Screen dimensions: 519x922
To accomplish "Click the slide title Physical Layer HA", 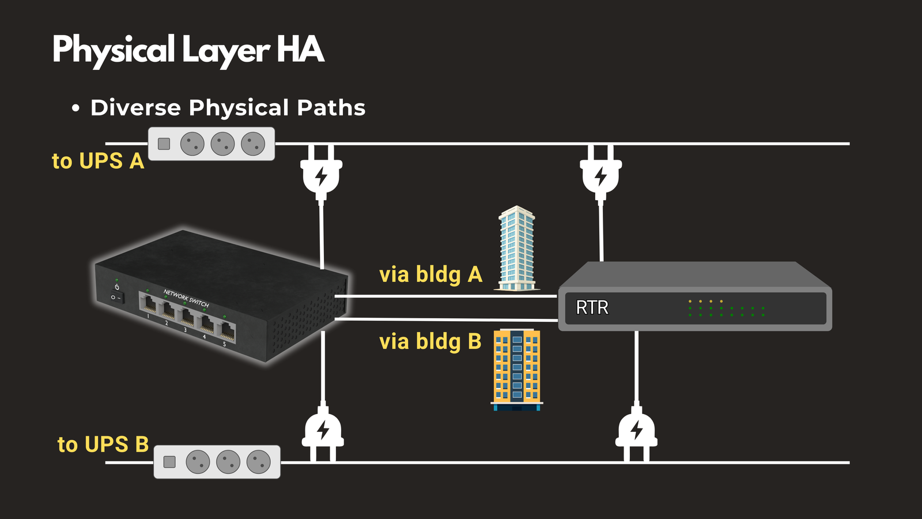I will (x=188, y=50).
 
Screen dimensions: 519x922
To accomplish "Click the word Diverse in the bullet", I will (x=135, y=108).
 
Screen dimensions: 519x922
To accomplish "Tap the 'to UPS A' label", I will (x=97, y=161).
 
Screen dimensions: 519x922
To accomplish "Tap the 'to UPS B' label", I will (x=103, y=445).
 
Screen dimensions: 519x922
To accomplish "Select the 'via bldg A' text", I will (x=430, y=274).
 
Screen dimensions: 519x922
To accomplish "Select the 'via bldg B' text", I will (x=430, y=341).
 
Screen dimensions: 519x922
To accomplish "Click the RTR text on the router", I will (x=592, y=307).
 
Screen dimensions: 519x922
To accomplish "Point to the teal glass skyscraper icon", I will (x=516, y=249).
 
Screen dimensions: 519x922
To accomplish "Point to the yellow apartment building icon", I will (x=517, y=369).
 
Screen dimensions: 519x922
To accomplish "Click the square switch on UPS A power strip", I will (x=164, y=144).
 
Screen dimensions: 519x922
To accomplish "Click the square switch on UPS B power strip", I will (x=169, y=462).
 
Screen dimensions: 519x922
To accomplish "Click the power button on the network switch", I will (x=117, y=287).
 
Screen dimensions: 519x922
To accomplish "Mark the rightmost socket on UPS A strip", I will (x=253, y=144).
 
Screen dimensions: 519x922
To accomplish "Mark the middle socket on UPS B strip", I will (x=228, y=462).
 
